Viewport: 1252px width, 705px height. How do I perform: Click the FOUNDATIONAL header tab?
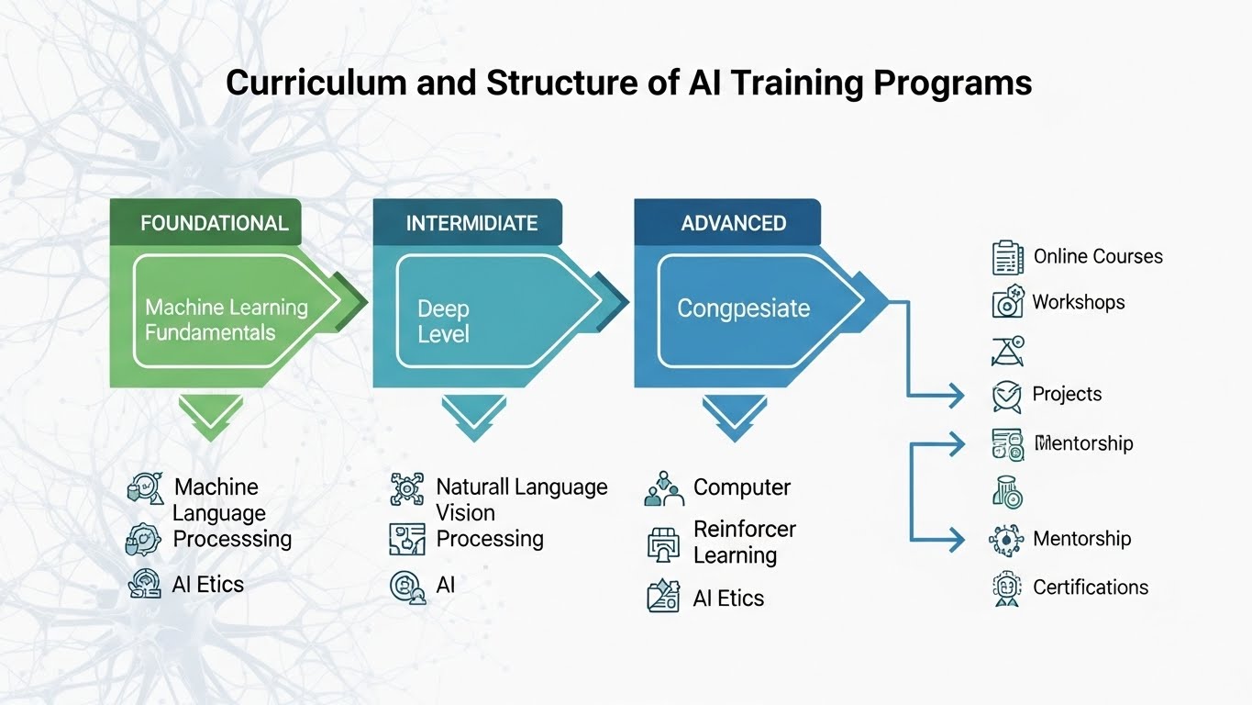[214, 223]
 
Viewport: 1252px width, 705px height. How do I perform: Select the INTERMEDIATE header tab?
[471, 223]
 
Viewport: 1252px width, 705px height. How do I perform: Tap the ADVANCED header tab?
[733, 223]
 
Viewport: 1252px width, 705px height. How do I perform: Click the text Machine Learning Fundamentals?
[227, 319]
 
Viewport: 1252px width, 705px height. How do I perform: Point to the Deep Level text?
[444, 321]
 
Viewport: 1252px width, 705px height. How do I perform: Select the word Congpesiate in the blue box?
[743, 308]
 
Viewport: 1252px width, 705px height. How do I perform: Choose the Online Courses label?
[1097, 257]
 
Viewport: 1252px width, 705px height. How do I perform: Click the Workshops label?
[1078, 302]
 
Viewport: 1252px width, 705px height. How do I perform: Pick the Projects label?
[1067, 394]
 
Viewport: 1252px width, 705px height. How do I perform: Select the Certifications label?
[1090, 587]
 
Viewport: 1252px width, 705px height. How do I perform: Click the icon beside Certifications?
[1007, 587]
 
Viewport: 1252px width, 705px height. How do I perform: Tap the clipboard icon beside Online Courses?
[1007, 257]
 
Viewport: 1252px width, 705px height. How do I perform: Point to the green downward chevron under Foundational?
[211, 417]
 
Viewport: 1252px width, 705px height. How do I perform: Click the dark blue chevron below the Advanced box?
[734, 417]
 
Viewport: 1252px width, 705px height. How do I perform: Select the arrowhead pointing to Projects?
[956, 396]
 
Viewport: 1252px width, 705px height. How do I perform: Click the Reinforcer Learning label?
[744, 542]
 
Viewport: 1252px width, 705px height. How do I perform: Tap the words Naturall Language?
[521, 487]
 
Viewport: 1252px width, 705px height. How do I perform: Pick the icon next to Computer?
[664, 489]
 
